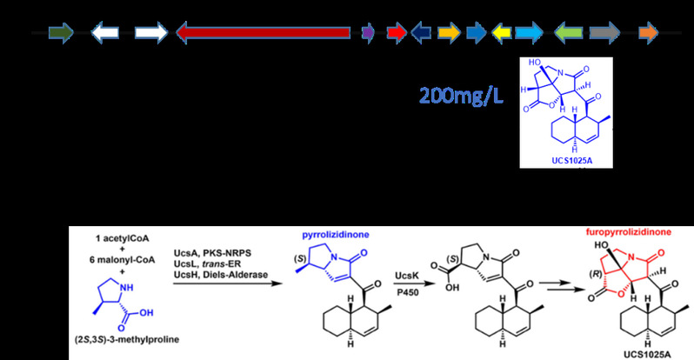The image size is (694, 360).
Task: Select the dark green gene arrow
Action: (60, 33)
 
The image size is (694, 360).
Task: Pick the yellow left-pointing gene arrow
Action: (502, 33)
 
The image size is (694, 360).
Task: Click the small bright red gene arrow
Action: (396, 33)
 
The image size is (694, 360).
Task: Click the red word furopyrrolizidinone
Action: (600, 233)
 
